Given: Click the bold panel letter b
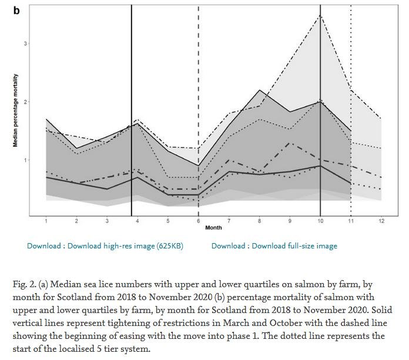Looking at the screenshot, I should coord(16,11).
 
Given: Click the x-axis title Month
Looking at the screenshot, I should coord(213,227).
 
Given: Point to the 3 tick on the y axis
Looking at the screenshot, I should coord(26,43).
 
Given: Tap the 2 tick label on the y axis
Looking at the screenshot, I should coord(26,102).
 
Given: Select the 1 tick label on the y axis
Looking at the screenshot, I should coord(26,160).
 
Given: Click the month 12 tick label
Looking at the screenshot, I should coord(381,221).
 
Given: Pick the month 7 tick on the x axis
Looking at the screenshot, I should coord(229,221).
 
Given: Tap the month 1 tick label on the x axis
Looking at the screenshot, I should coord(46,221).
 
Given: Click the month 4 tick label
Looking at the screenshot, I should coord(137,221).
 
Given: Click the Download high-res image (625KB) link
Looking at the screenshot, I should coord(105,246).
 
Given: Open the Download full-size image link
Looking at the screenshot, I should coord(274,246).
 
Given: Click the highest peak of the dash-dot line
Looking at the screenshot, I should coord(320,15).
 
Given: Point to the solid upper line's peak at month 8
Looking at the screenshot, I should coord(259,90).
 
